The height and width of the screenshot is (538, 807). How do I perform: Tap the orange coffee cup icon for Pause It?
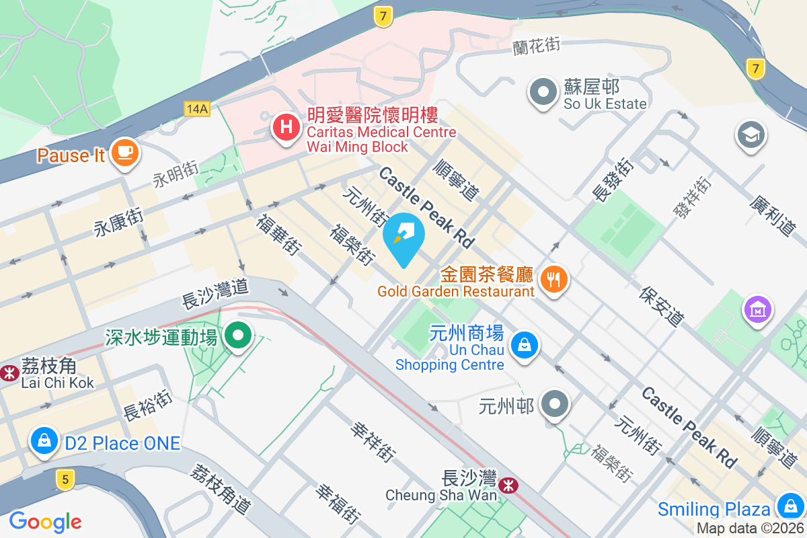click(124, 152)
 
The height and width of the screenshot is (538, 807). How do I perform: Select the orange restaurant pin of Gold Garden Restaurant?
click(554, 277)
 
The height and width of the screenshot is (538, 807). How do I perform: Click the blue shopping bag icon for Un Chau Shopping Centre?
click(524, 346)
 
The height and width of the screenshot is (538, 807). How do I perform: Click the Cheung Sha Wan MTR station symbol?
click(509, 482)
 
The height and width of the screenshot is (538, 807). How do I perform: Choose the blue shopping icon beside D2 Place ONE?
click(44, 441)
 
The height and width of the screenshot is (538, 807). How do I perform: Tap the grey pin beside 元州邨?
click(555, 405)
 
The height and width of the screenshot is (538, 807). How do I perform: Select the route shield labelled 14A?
click(197, 108)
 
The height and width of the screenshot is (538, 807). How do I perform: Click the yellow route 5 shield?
click(65, 479)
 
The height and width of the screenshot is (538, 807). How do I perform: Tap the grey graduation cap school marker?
click(748, 134)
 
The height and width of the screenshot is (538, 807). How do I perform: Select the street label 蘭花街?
click(537, 46)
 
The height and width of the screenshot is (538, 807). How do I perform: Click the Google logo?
click(45, 521)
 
